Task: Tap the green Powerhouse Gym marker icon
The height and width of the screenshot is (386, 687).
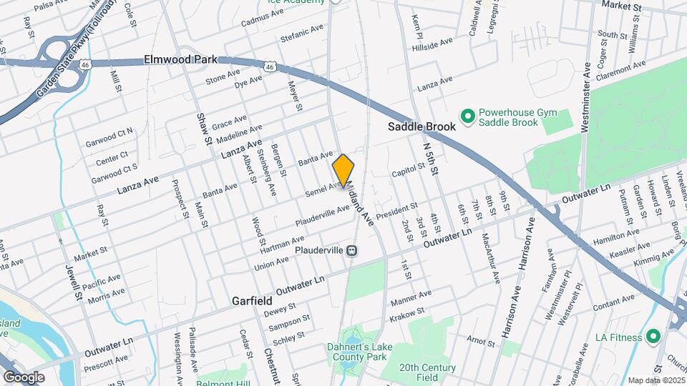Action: (468, 116)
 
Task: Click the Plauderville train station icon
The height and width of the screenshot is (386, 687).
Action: (351, 250)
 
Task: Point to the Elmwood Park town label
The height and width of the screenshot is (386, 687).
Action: (180, 59)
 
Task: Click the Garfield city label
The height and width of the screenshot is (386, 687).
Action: (252, 301)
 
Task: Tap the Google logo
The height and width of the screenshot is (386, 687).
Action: (24, 377)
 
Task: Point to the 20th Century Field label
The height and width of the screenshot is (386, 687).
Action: (427, 372)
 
